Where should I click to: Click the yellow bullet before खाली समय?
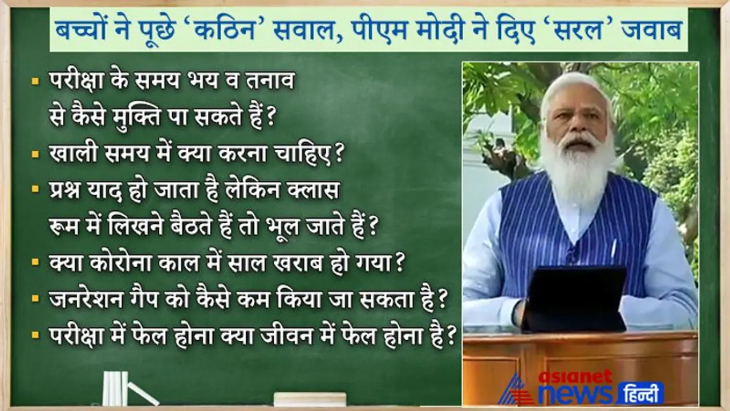pyautogui.click(x=35, y=154)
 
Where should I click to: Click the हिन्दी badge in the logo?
pyautogui.click(x=640, y=393)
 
